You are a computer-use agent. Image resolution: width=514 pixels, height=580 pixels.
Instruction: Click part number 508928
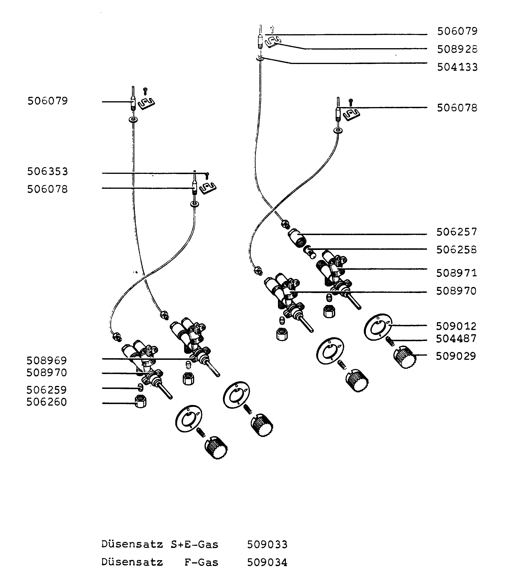[457, 49]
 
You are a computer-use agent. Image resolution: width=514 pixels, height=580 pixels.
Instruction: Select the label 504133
[457, 67]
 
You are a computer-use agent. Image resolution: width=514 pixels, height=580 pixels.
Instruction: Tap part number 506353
[48, 171]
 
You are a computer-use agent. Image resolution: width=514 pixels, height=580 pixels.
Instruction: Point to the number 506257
[457, 232]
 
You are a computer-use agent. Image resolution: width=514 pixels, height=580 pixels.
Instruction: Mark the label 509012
[456, 326]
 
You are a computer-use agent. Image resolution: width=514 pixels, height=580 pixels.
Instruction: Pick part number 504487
[456, 338]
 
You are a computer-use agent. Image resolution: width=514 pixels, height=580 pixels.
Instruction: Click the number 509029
[456, 356]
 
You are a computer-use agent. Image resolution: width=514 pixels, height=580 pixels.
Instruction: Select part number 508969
[47, 361]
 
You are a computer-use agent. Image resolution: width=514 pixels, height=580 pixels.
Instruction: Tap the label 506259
[47, 390]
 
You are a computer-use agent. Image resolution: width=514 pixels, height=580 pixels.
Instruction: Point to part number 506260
[47, 402]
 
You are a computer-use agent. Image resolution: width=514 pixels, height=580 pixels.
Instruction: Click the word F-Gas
[201, 562]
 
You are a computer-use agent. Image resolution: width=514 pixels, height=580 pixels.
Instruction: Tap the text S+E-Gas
[194, 545]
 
